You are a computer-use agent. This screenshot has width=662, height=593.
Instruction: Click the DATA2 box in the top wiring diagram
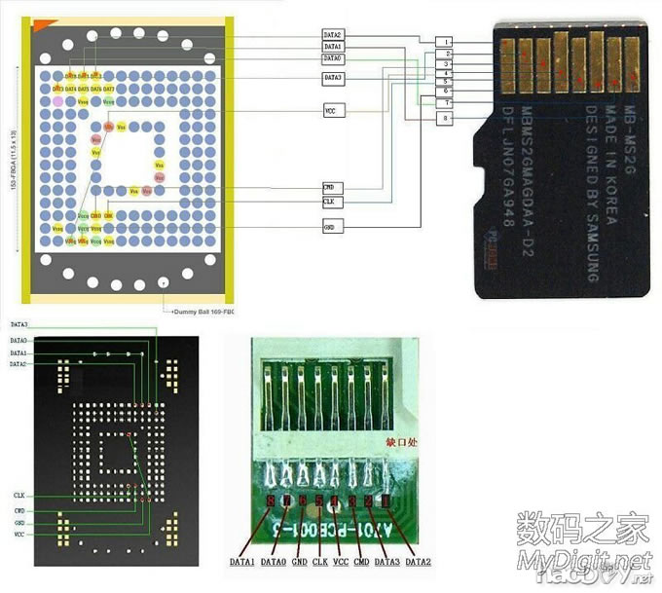click(x=332, y=35)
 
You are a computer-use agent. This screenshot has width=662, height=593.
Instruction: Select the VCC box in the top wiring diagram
click(x=332, y=112)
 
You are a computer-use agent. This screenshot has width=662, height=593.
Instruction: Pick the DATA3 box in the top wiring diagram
click(x=332, y=77)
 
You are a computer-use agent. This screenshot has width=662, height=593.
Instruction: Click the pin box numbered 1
click(x=445, y=43)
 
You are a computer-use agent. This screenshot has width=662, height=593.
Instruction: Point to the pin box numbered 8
click(x=445, y=118)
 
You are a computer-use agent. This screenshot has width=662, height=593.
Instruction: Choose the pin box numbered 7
click(x=445, y=102)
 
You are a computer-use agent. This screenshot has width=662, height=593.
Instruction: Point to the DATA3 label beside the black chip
click(x=18, y=323)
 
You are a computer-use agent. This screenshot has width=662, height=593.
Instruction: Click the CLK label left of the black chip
click(x=19, y=496)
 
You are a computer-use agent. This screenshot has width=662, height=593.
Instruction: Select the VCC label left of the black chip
click(x=19, y=535)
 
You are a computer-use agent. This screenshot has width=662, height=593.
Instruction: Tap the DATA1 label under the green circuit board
click(x=242, y=562)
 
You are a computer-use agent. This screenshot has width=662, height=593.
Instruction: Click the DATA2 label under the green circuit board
click(x=420, y=562)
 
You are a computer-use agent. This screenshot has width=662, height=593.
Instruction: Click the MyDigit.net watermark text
click(x=584, y=560)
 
